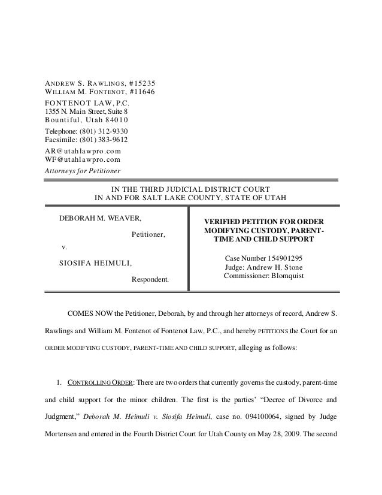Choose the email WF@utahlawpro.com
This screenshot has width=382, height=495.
[x=83, y=160]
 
